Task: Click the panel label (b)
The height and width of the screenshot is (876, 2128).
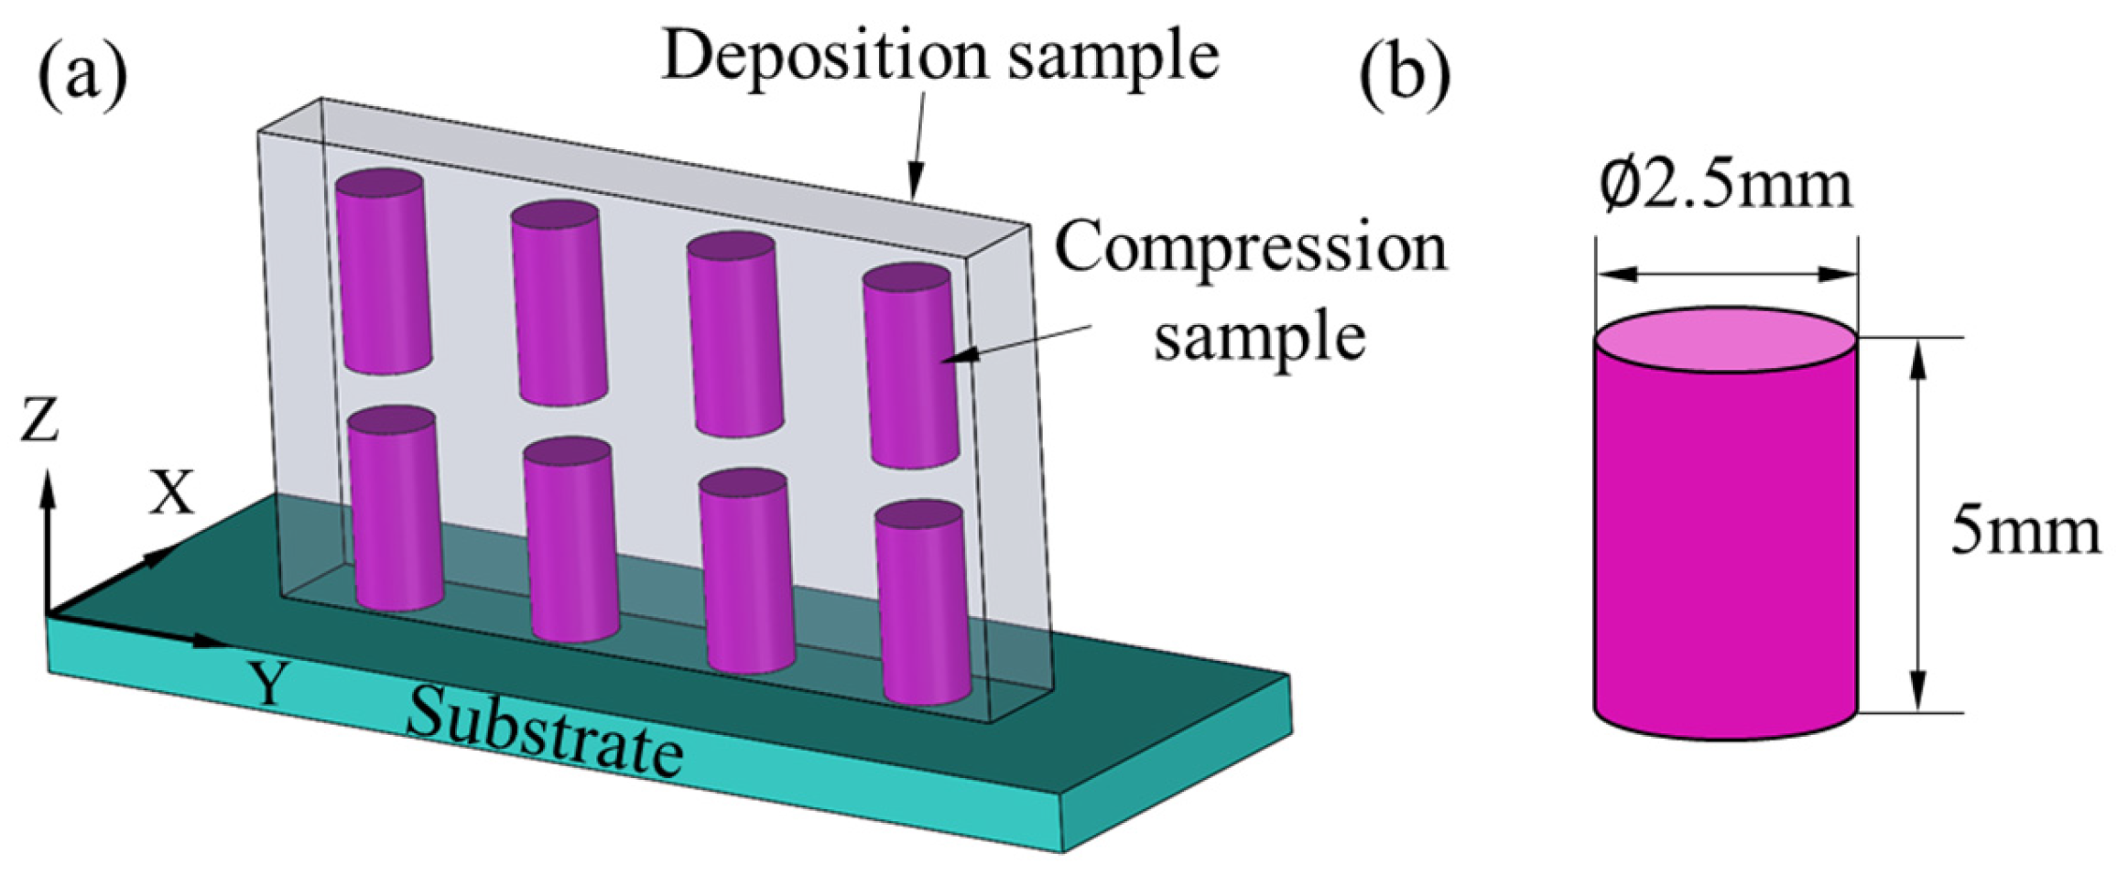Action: [1405, 79]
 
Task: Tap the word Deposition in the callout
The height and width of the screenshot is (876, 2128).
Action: [824, 57]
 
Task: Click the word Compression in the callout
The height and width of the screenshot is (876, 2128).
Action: [1251, 249]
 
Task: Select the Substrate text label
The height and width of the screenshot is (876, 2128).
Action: [544, 738]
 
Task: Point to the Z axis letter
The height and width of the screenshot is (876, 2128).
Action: [40, 422]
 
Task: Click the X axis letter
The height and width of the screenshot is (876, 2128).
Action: [171, 494]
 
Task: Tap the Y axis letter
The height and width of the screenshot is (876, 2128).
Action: [269, 685]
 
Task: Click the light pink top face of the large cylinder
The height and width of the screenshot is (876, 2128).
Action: [1725, 340]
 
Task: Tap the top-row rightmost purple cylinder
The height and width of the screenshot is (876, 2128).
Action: [910, 366]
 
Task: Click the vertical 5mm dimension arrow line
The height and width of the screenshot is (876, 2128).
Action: [1918, 525]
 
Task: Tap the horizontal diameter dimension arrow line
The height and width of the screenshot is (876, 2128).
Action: [1725, 274]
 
